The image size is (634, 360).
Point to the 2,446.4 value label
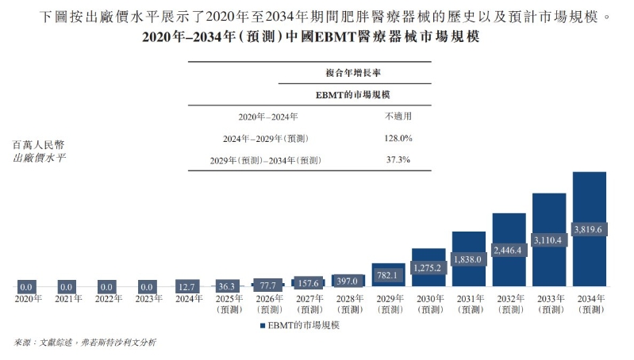(509, 250)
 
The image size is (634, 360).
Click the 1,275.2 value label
(428, 268)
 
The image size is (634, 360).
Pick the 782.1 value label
(388, 274)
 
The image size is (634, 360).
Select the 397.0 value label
(348, 281)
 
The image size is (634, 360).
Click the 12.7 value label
(187, 286)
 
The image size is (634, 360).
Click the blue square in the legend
(263, 325)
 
